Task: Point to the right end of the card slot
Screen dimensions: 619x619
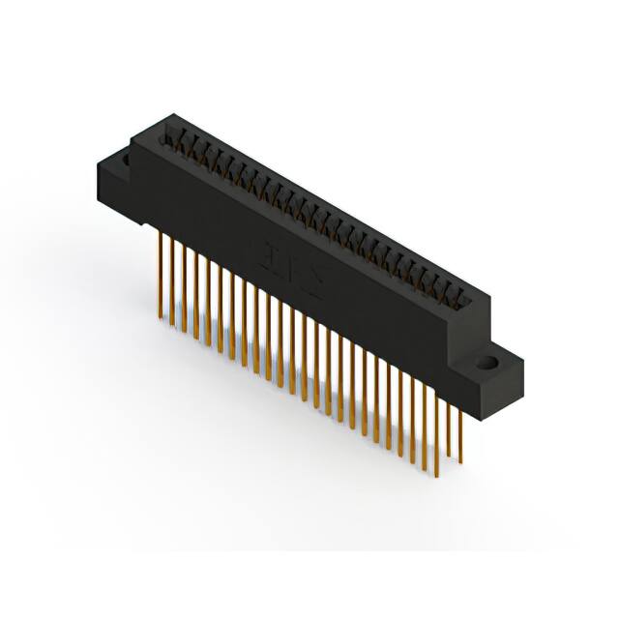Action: [x=468, y=295]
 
